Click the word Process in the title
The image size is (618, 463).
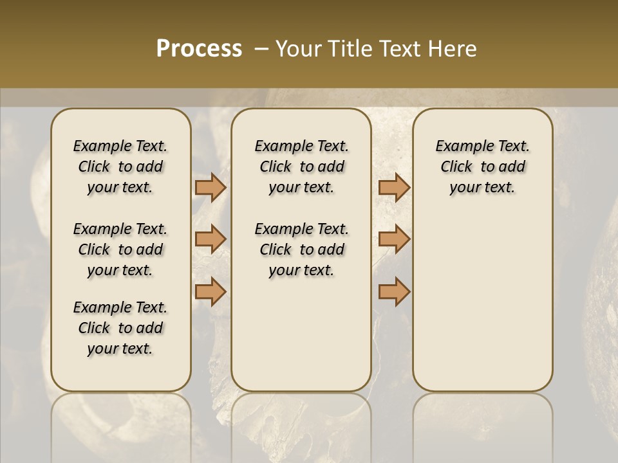(x=199, y=49)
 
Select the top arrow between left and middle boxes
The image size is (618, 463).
(x=211, y=187)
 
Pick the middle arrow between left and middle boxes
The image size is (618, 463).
(x=211, y=239)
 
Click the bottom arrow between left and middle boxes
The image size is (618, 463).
(x=211, y=292)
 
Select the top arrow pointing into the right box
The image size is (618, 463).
(x=394, y=187)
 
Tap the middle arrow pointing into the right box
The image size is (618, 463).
(x=394, y=239)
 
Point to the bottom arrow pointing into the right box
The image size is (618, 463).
(x=394, y=292)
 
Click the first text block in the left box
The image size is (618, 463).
(x=120, y=167)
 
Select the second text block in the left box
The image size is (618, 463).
(x=120, y=250)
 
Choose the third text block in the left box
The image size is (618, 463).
(x=120, y=328)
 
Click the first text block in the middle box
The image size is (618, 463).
(x=301, y=167)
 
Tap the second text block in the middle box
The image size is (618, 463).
(x=301, y=250)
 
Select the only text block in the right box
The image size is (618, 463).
(x=482, y=167)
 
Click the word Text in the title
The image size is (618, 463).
(x=400, y=49)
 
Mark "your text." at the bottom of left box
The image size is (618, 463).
(x=120, y=349)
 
